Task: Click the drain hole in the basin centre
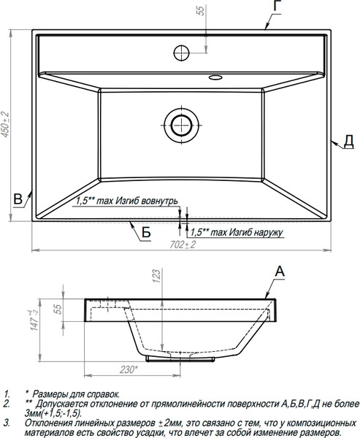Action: tap(181, 125)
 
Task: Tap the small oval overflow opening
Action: tap(215, 77)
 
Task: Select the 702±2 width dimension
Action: tap(183, 245)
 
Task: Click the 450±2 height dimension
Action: tap(5, 125)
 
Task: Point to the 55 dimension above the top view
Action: tap(201, 11)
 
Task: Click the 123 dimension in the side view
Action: tap(157, 276)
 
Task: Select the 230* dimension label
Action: tap(129, 369)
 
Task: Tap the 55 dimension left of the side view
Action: tap(57, 310)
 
